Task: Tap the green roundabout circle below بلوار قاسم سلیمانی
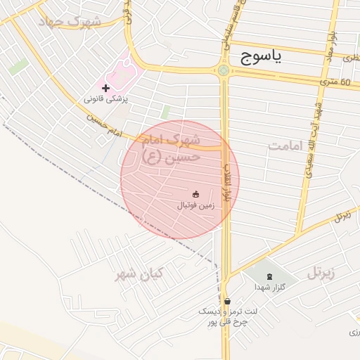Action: (224, 70)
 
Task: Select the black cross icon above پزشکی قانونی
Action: (105, 88)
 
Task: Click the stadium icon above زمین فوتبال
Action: (195, 194)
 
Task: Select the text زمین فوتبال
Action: (195, 206)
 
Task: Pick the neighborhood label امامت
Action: (285, 146)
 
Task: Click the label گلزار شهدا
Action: (269, 288)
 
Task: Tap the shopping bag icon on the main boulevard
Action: (226, 301)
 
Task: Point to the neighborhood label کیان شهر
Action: (139, 274)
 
